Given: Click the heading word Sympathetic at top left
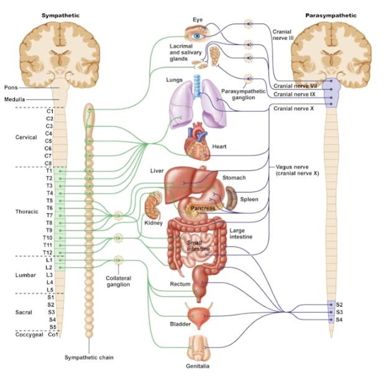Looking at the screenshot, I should [x=60, y=14].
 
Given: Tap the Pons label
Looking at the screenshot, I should [x=11, y=88].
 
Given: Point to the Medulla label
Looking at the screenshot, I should [x=15, y=99].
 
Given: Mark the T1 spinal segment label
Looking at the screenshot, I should [x=49, y=171].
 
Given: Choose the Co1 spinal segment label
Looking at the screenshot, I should [x=52, y=334].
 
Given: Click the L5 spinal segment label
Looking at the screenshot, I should [x=50, y=290].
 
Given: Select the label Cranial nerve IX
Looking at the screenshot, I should [x=295, y=94].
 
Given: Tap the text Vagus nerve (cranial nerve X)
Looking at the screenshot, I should [x=297, y=170].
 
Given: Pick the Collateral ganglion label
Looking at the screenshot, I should [x=117, y=281].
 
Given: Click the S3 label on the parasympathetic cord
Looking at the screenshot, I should [x=339, y=311].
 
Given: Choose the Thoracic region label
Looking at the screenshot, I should [x=27, y=212].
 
